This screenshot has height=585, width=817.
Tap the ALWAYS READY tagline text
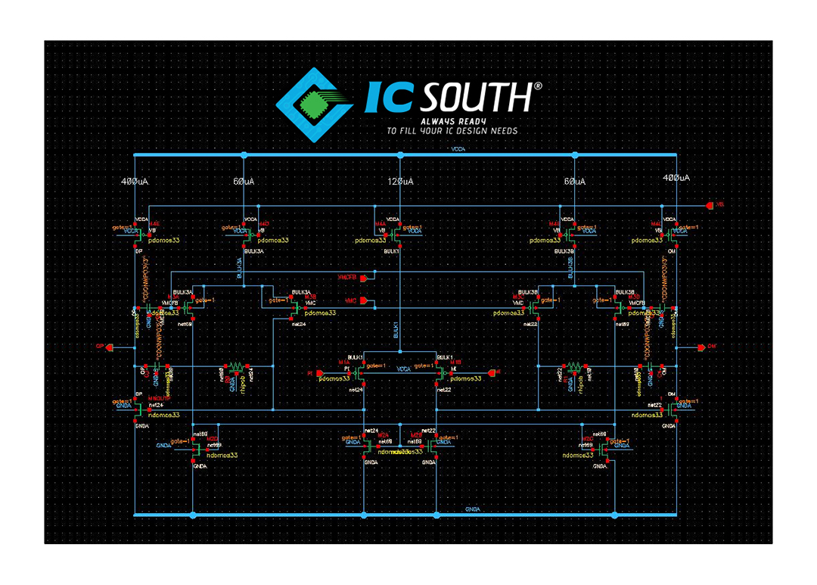tap(453, 120)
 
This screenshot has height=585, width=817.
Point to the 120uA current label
tap(400, 182)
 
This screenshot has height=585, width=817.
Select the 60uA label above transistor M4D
tap(244, 182)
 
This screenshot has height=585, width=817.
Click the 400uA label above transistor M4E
tap(135, 182)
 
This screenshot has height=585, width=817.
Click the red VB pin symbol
tap(710, 205)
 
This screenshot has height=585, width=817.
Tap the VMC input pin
tap(364, 301)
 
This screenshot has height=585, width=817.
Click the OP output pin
tap(108, 347)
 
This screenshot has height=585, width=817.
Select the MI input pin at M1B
tap(492, 372)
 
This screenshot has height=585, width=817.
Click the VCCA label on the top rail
tap(458, 150)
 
